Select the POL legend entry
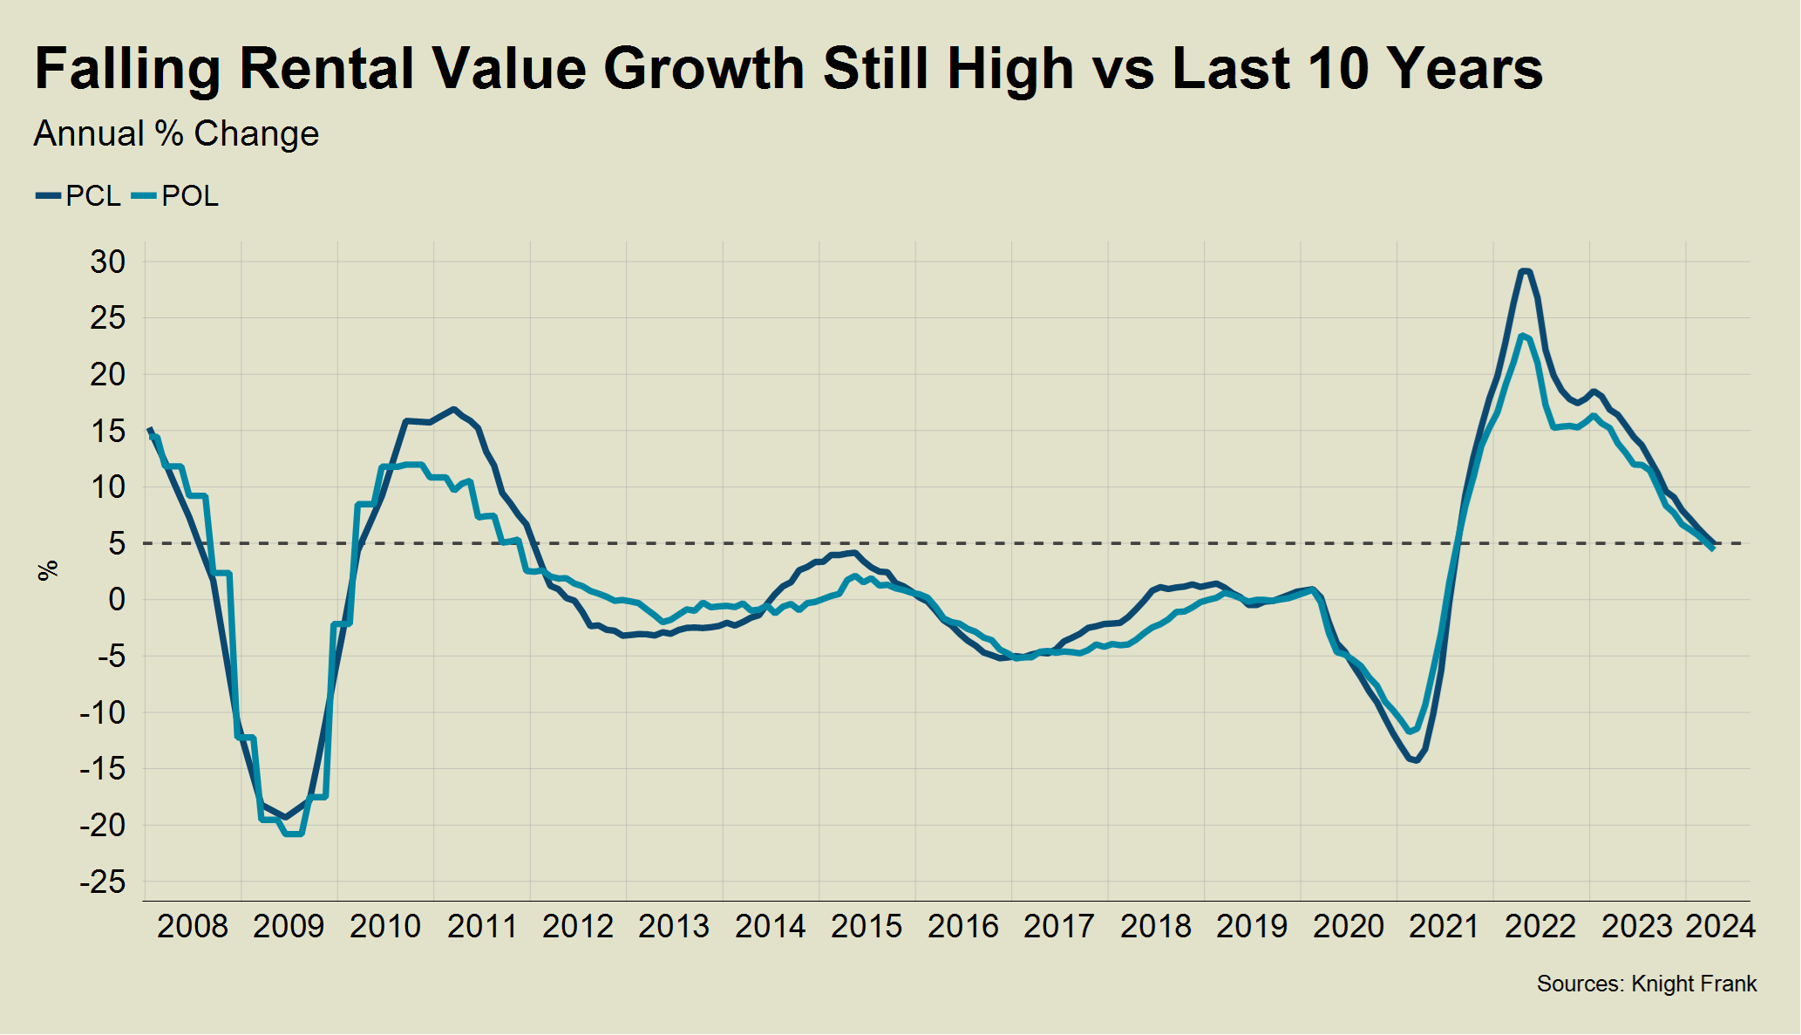click(x=175, y=196)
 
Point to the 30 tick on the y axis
click(x=108, y=262)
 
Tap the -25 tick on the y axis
click(x=102, y=882)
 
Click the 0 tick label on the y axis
click(x=117, y=600)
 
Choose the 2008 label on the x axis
click(x=192, y=926)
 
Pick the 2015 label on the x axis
click(x=866, y=926)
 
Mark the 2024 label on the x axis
click(x=1720, y=926)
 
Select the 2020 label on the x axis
click(x=1348, y=926)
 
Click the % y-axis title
click(x=48, y=570)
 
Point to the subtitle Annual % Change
click(x=176, y=134)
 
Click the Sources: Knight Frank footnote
click(x=1646, y=984)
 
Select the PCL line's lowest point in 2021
click(x=1417, y=760)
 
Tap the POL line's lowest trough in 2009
click(x=294, y=834)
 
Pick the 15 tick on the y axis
click(x=108, y=431)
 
